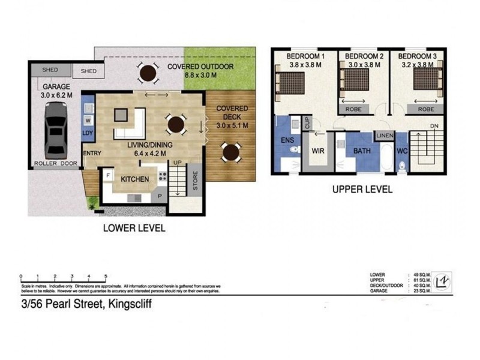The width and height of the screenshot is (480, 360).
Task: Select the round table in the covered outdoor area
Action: coord(148,74)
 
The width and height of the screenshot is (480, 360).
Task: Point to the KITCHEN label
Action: coord(135,179)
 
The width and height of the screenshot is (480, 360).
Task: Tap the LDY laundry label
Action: coord(88,133)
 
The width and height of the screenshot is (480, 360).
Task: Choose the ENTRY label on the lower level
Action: coord(92,153)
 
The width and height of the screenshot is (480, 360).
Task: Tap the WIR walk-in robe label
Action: coord(317,151)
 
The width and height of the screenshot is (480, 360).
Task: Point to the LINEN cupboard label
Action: coord(385,136)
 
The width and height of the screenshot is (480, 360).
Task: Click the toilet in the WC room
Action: coord(403,163)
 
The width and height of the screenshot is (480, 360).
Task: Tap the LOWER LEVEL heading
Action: coord(134,228)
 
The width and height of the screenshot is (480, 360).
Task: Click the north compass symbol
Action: coord(443,280)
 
